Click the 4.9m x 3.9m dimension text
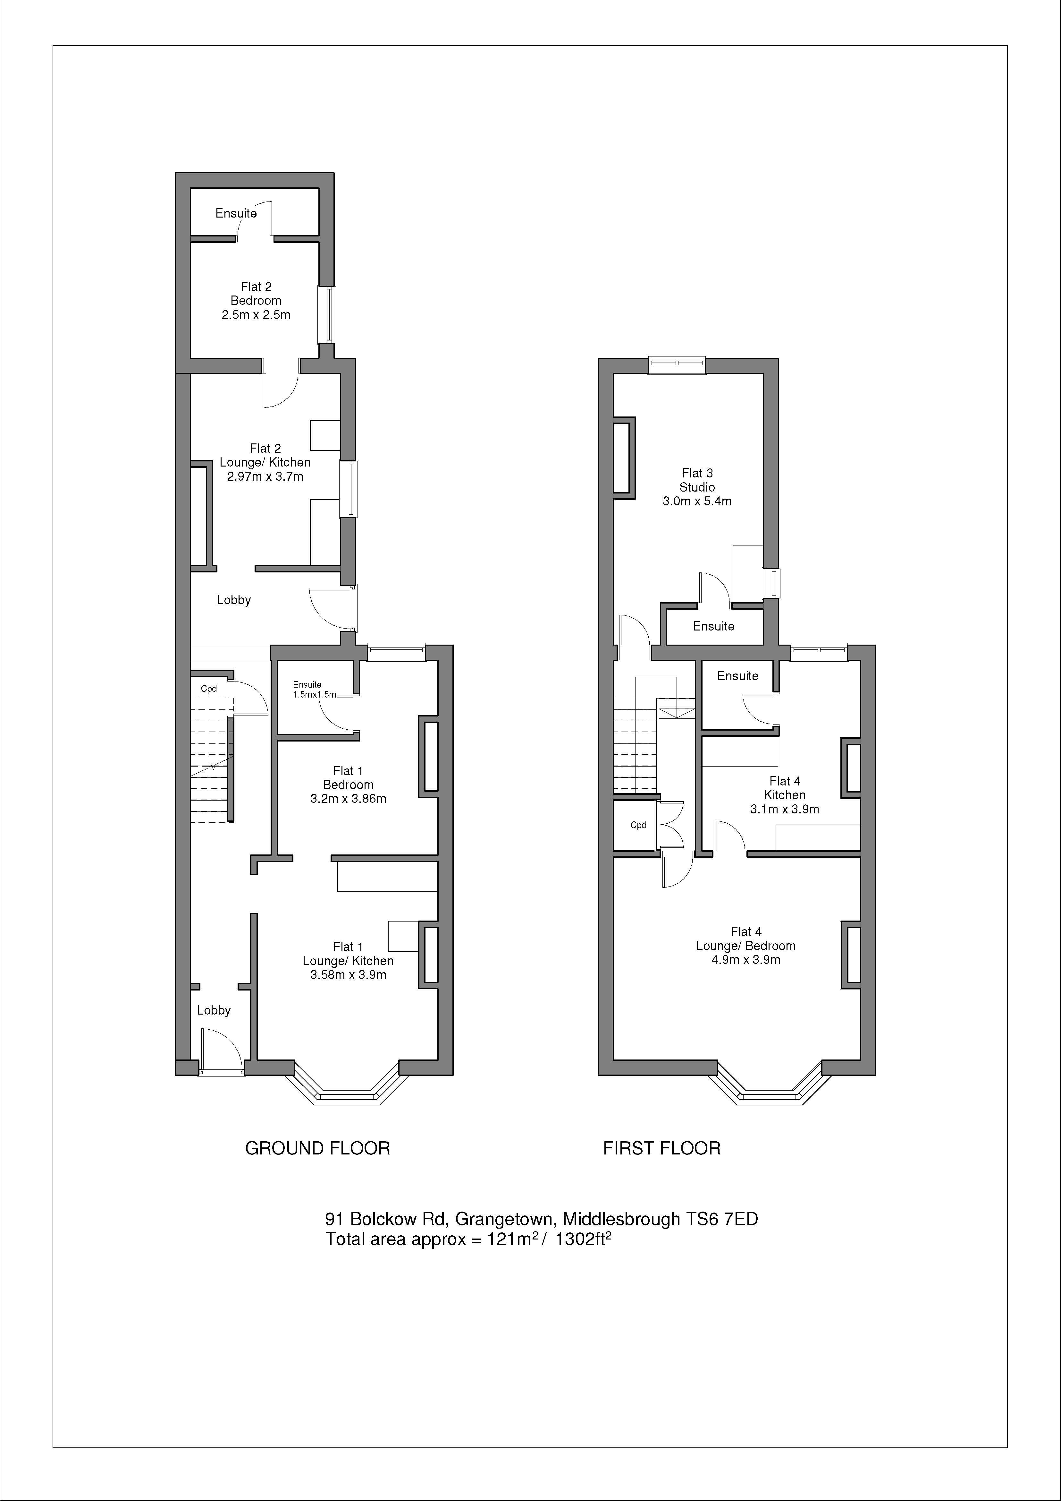pyautogui.click(x=745, y=960)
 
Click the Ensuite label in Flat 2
pyautogui.click(x=236, y=213)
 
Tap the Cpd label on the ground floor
pyautogui.click(x=208, y=688)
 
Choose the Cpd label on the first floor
pyautogui.click(x=638, y=825)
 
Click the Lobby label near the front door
pyautogui.click(x=214, y=1010)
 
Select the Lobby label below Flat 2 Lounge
pyautogui.click(x=233, y=599)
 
